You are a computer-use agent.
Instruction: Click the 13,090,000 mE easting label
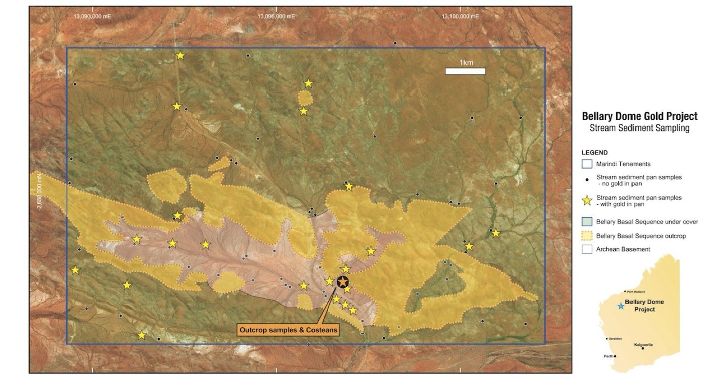(93, 16)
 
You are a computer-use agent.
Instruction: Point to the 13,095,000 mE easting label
(277, 16)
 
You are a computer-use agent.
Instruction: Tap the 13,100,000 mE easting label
(461, 16)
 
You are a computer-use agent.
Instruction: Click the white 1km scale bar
(465, 71)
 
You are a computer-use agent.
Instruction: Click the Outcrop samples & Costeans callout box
(288, 330)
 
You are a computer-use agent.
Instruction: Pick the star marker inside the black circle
(343, 282)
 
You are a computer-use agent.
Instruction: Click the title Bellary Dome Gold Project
(640, 116)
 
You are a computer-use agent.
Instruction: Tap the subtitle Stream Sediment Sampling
(640, 128)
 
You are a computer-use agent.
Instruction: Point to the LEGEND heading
(595, 152)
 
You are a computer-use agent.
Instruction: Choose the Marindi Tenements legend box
(586, 164)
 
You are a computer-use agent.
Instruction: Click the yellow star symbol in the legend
(586, 201)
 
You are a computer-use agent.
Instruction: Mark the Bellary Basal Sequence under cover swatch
(586, 222)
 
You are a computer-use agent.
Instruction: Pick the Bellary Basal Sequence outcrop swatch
(586, 236)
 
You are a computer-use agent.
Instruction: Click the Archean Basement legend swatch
(586, 249)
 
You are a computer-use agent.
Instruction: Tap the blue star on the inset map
(621, 305)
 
